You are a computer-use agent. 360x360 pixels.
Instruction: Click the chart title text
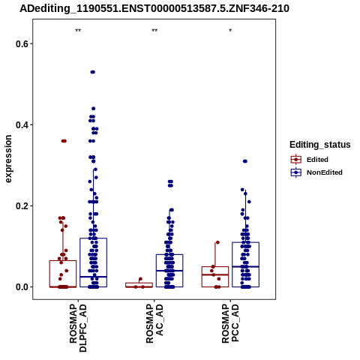[x=154, y=8]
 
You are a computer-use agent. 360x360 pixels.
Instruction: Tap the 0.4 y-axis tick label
[x=21, y=124]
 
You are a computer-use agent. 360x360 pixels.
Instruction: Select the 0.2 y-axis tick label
[x=21, y=206]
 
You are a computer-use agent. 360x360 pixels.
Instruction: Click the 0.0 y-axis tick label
[x=21, y=287]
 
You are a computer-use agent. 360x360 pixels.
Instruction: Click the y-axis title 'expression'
[x=8, y=159]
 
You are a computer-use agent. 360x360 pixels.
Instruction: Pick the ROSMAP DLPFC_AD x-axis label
[x=78, y=328]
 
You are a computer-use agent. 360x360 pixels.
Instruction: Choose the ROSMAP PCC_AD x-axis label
[x=230, y=323]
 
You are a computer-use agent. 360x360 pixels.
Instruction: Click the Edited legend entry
[x=309, y=160]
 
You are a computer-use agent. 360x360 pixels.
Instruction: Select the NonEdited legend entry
[x=316, y=172]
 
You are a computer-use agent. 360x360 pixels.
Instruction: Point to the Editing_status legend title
[x=320, y=145]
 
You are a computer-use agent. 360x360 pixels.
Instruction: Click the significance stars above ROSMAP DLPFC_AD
[x=78, y=31]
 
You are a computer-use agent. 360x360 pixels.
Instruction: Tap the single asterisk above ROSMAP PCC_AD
[x=230, y=31]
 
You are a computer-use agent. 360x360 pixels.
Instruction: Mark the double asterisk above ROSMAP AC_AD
[x=154, y=31]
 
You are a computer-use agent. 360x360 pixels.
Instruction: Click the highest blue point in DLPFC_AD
[x=93, y=72]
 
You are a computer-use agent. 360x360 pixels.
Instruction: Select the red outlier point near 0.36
[x=64, y=141]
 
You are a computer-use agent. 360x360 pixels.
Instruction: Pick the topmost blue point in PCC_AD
[x=245, y=161]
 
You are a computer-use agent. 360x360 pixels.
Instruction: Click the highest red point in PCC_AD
[x=217, y=242]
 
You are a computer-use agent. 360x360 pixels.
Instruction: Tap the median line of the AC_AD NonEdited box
[x=169, y=271]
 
